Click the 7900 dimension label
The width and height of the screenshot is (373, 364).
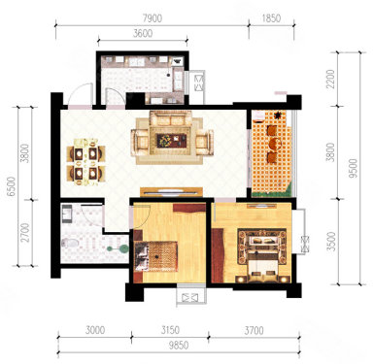(x=153, y=18)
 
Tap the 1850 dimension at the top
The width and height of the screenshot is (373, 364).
(x=271, y=18)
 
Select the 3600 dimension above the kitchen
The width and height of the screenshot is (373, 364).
(x=143, y=33)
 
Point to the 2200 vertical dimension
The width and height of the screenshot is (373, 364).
(x=330, y=80)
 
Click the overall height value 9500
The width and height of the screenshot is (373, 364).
(x=354, y=168)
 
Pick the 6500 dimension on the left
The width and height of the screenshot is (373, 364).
(x=12, y=186)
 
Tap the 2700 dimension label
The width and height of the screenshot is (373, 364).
(x=25, y=232)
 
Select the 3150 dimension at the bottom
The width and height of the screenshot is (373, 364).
(x=170, y=330)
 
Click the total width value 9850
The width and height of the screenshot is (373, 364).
(x=179, y=346)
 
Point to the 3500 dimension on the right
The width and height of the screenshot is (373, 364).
(x=331, y=241)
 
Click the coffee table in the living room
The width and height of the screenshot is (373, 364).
(x=172, y=141)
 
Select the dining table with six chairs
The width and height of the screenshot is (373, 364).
(x=86, y=162)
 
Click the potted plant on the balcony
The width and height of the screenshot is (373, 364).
(x=278, y=115)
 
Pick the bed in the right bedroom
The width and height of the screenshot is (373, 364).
(x=262, y=255)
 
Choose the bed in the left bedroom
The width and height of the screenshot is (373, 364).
(x=156, y=256)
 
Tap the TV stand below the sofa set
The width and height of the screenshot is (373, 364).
(x=171, y=192)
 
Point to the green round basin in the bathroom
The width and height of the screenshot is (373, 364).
(x=123, y=248)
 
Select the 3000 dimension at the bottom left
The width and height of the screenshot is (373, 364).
(x=95, y=330)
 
